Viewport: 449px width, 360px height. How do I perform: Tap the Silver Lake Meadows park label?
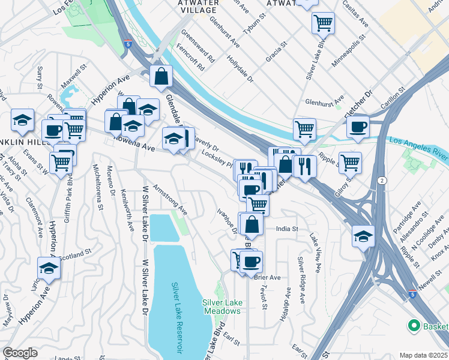[x=221, y=307]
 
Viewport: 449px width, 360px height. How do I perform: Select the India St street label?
[x=288, y=229]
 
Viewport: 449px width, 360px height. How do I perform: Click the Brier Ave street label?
[x=268, y=277]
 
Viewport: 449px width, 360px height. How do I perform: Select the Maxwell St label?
[x=75, y=80]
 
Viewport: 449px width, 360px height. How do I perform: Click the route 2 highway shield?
[x=382, y=180]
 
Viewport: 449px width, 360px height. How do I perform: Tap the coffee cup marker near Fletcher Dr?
[x=358, y=127]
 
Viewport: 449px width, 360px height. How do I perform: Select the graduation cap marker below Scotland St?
[x=49, y=268]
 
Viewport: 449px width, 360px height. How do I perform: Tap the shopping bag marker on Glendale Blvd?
[x=161, y=76]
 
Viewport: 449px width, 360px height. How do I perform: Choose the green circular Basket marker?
[x=414, y=326]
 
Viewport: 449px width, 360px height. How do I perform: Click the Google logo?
[x=20, y=353]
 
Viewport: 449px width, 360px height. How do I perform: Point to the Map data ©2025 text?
[x=423, y=355]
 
